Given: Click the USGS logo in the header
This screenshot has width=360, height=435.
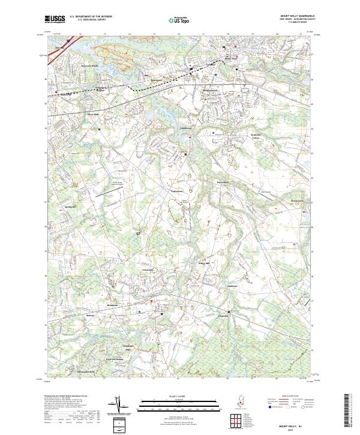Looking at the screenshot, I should [54, 19].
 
